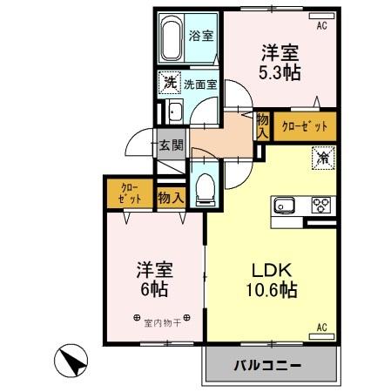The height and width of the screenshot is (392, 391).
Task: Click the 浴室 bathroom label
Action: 201,36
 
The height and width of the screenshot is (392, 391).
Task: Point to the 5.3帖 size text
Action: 279,72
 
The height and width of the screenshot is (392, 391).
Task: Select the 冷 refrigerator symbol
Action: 321,159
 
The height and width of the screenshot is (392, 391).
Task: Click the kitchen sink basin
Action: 287,206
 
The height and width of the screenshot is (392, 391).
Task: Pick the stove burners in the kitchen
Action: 321,206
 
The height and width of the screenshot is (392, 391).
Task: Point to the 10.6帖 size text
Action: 270,288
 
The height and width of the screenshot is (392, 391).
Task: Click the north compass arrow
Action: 74,361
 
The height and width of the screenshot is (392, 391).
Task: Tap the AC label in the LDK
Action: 320,328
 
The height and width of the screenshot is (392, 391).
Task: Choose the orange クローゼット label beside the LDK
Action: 305,126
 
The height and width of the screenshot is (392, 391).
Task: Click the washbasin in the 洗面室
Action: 173,111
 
